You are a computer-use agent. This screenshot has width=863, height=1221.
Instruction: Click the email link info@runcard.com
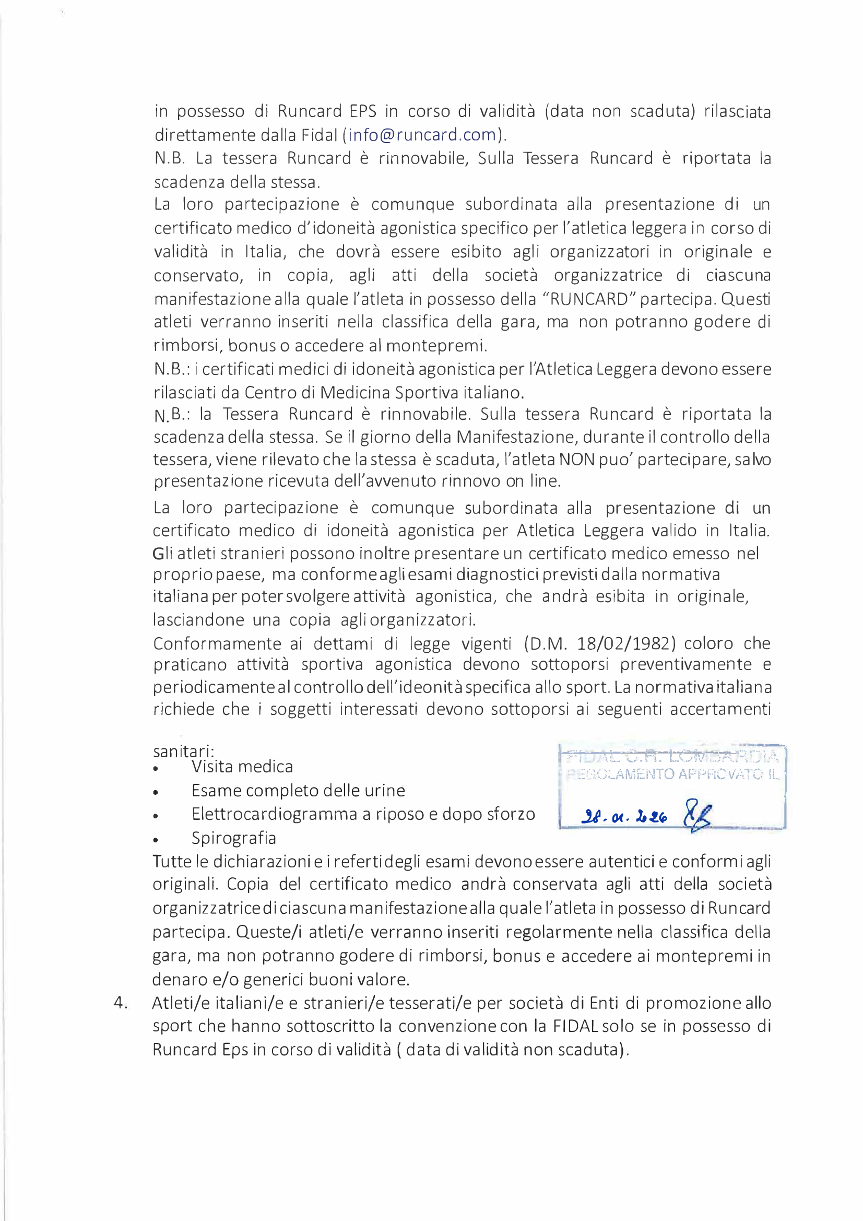point(422,135)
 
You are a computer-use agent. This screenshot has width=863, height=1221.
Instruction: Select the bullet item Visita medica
point(242,767)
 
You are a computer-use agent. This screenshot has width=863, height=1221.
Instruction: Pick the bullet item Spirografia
point(234,838)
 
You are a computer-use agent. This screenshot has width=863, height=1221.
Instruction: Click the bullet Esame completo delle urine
point(298,791)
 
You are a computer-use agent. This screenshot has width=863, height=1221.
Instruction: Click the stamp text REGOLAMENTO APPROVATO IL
point(672,774)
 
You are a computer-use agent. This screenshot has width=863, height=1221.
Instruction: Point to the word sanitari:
point(183,752)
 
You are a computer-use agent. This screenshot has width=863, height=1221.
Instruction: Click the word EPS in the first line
point(363,112)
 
